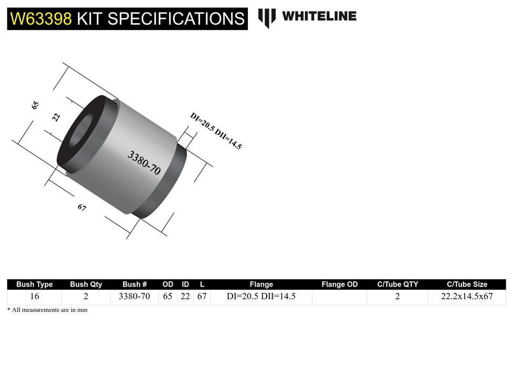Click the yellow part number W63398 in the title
[41, 19]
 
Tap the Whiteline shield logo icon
[267, 17]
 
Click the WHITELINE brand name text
[319, 16]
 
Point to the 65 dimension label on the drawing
[35, 104]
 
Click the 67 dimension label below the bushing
[82, 208]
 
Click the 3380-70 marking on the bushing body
[144, 162]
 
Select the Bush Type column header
[34, 284]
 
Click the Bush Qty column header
[86, 284]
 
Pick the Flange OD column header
[339, 284]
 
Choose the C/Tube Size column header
[467, 284]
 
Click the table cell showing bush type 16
[34, 297]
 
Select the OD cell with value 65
[167, 297]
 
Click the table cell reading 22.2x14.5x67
[467, 297]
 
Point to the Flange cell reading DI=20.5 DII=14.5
[261, 297]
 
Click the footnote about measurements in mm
[47, 310]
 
